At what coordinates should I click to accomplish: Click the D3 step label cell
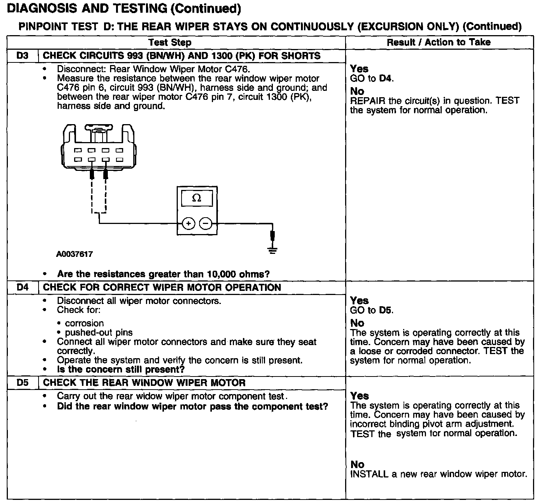22,56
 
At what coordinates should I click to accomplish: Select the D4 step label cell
22,288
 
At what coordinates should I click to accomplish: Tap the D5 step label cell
22,383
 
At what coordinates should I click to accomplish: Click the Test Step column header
170,42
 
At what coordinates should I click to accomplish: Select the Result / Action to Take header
438,42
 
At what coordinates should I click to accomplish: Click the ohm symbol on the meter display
197,198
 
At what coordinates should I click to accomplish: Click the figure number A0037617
74,254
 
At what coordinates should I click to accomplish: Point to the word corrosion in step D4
84,323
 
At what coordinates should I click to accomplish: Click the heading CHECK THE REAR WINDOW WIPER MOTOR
144,383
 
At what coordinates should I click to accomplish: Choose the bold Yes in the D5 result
359,396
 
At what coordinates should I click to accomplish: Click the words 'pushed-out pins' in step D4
99,332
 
